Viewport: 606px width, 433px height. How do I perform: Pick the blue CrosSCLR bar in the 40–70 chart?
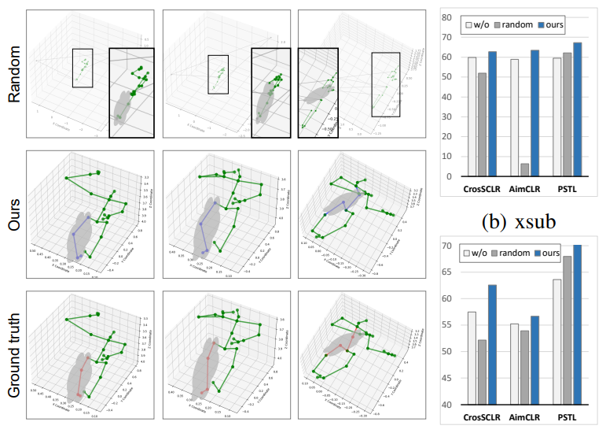(493, 345)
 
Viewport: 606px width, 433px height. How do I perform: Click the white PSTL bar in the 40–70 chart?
(557, 342)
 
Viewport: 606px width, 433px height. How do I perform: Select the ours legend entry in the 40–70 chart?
(566, 254)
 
